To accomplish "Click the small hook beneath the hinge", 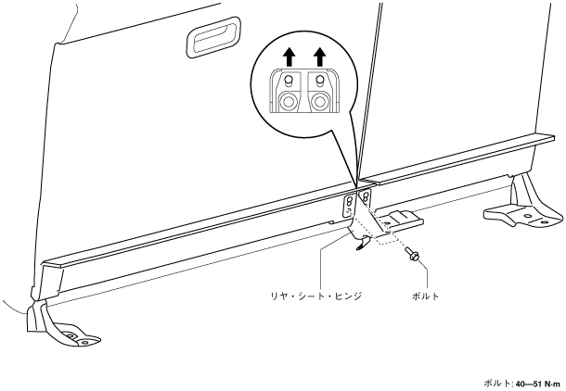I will (x=362, y=245).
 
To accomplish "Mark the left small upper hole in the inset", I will (x=289, y=82).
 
